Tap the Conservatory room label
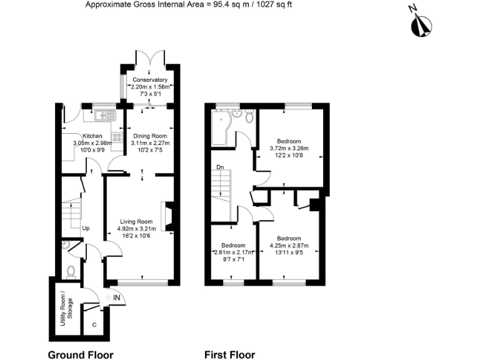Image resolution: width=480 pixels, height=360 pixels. click(x=149, y=80)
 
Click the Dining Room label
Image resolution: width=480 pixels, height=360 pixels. click(x=150, y=136)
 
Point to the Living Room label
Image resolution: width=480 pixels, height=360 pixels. click(x=135, y=221)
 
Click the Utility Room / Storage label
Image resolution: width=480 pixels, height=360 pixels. click(x=61, y=310)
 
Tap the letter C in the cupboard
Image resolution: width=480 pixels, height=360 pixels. click(x=94, y=324)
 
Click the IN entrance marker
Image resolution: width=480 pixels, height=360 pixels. click(x=117, y=298)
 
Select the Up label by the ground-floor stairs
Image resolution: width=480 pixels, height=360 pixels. click(x=86, y=228)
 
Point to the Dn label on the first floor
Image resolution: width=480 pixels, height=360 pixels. click(x=220, y=167)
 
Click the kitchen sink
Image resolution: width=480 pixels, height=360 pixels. click(x=101, y=116)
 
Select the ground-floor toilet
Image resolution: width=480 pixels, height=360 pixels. click(x=71, y=271)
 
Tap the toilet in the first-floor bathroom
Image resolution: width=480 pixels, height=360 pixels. click(x=249, y=116)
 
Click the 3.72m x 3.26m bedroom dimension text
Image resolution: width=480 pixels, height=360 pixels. click(x=289, y=149)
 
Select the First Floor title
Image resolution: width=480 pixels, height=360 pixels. click(x=229, y=354)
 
